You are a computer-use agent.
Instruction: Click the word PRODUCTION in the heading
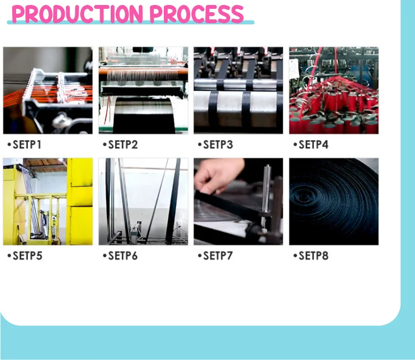77,14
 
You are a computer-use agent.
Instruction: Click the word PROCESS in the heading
196,14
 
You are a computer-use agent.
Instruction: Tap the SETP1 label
27,145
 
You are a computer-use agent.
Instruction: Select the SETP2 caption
123,145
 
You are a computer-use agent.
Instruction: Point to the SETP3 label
218,145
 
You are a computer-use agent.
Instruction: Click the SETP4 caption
313,145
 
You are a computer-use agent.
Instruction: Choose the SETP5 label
28,256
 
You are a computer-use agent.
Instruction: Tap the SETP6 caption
123,256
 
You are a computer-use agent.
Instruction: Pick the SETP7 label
218,256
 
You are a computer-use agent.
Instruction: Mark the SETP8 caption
313,256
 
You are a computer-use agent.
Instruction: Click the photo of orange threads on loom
48,90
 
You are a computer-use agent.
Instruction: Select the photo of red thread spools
334,90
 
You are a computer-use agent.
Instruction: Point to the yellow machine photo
48,202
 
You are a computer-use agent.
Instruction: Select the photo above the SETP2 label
143,90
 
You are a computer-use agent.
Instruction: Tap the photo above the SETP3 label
238,90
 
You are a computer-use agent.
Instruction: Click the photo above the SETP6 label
143,202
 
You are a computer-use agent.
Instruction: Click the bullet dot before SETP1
9,145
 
